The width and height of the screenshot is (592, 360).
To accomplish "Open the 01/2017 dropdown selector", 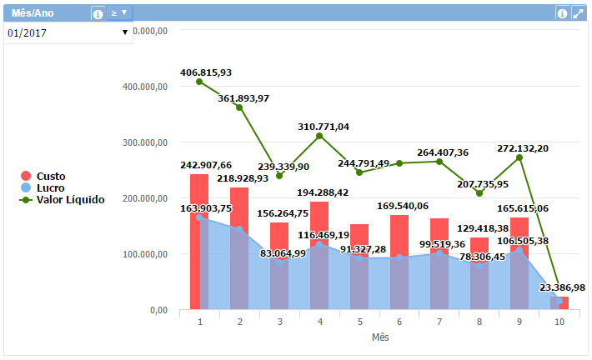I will pos(68,32).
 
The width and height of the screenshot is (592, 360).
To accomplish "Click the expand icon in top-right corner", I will pos(577,13).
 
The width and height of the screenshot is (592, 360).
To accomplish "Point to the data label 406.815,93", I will pos(206,72).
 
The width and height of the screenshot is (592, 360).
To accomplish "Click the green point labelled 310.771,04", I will pos(319,136).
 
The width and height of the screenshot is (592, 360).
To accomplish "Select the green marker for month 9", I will pos(519,157).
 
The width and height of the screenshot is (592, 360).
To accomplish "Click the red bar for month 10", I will pos(563,302).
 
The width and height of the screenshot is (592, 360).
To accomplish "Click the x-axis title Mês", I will pos(379,337).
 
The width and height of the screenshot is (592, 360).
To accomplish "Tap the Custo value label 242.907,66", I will pos(206,165).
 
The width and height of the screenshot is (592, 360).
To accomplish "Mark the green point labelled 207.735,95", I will pos(479,193).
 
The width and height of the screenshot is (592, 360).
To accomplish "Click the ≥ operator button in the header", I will pos(120,13).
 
